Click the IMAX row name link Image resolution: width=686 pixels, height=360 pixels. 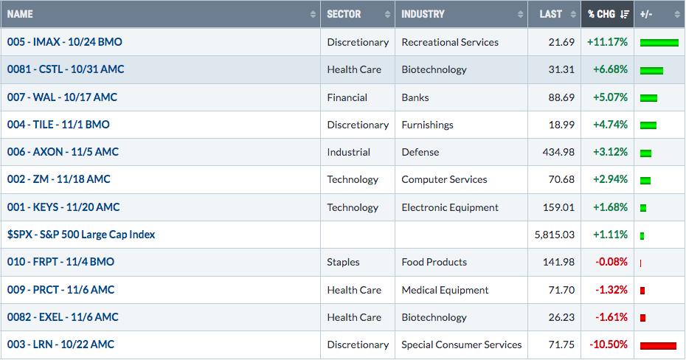pyautogui.click(x=65, y=42)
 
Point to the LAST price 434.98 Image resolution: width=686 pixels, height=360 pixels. pyautogui.click(x=558, y=152)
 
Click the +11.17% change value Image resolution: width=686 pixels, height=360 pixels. pyautogui.click(x=607, y=42)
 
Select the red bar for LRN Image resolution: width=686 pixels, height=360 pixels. pyautogui.click(x=658, y=345)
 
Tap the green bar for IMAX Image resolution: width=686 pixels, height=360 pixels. pyautogui.click(x=659, y=43)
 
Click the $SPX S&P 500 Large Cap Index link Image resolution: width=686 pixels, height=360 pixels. pyautogui.click(x=81, y=235)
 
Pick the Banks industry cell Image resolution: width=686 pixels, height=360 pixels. pyautogui.click(x=415, y=97)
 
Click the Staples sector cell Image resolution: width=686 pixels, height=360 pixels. pyautogui.click(x=343, y=262)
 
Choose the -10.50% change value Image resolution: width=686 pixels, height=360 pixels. pyautogui.click(x=608, y=345)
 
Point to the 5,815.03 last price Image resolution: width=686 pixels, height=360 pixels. pyautogui.click(x=554, y=235)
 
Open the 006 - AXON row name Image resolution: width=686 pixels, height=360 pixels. pyautogui.click(x=63, y=152)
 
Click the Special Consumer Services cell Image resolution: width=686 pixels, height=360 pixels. pyautogui.click(x=462, y=345)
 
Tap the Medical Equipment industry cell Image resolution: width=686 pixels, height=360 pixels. pyautogui.click(x=445, y=290)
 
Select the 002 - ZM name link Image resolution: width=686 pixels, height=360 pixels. pyautogui.click(x=58, y=179)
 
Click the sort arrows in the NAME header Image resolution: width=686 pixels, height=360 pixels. pyautogui.click(x=313, y=15)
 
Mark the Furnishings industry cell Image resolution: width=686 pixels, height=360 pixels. pyautogui.click(x=427, y=125)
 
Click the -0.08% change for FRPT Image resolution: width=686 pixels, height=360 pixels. pyautogui.click(x=611, y=262)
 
